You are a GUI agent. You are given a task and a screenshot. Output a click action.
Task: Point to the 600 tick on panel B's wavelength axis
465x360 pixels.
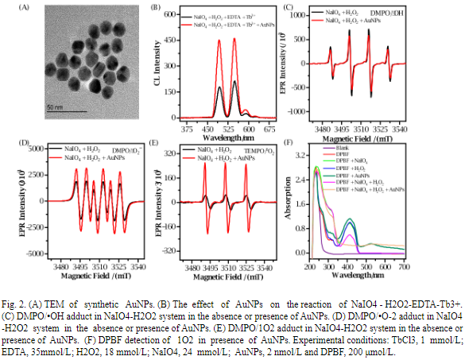click(x=249, y=129)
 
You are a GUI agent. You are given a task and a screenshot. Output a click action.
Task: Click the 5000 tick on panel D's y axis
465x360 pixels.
click(x=37, y=149)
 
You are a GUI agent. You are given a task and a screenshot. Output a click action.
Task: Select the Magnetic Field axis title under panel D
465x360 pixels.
click(x=88, y=275)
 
